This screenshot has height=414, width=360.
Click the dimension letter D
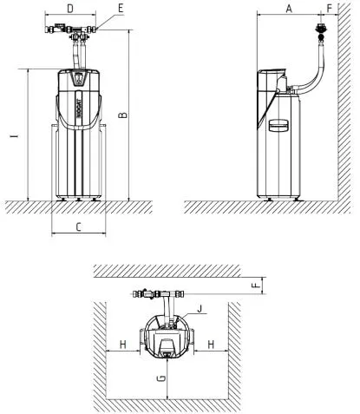click(70, 9)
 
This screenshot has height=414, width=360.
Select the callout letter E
click(121, 9)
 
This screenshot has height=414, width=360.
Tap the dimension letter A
click(289, 9)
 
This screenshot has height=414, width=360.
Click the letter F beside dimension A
click(330, 9)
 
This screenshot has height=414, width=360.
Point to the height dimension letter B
click(123, 115)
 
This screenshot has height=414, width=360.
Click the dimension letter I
click(15, 135)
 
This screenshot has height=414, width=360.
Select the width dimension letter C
click(78, 227)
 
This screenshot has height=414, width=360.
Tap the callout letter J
click(200, 309)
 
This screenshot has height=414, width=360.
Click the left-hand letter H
click(123, 345)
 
